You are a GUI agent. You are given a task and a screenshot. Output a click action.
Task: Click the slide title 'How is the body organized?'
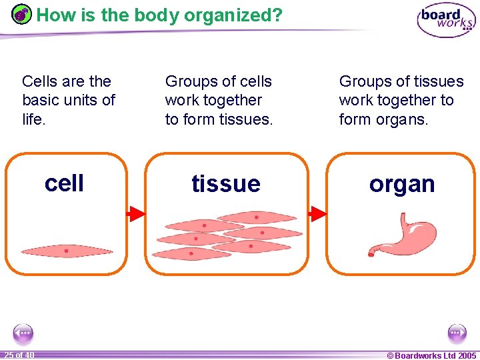pos(159,15)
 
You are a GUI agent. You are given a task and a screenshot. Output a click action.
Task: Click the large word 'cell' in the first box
pos(64,183)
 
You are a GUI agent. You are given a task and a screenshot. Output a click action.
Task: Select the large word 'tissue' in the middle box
pos(226,183)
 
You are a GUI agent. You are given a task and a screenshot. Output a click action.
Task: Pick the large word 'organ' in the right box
pos(402,184)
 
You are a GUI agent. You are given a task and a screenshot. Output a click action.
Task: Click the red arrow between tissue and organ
pos(317,213)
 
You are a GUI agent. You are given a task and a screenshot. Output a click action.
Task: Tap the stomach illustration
pos(404,233)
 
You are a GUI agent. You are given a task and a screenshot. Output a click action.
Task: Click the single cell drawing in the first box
pos(67,251)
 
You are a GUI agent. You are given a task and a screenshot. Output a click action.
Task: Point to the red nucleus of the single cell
pos(67,251)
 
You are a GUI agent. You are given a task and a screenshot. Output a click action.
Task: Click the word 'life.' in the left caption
pos(34,119)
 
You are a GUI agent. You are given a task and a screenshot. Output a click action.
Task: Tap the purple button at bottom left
pos(23,333)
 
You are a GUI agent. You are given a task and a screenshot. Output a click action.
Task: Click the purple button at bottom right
pos(457,333)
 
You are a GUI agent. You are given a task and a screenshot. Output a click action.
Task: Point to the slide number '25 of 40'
pos(19,355)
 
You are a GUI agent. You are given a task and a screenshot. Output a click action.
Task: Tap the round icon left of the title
pos(22,14)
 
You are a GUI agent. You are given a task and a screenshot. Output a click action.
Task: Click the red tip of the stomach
pos(371,252)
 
